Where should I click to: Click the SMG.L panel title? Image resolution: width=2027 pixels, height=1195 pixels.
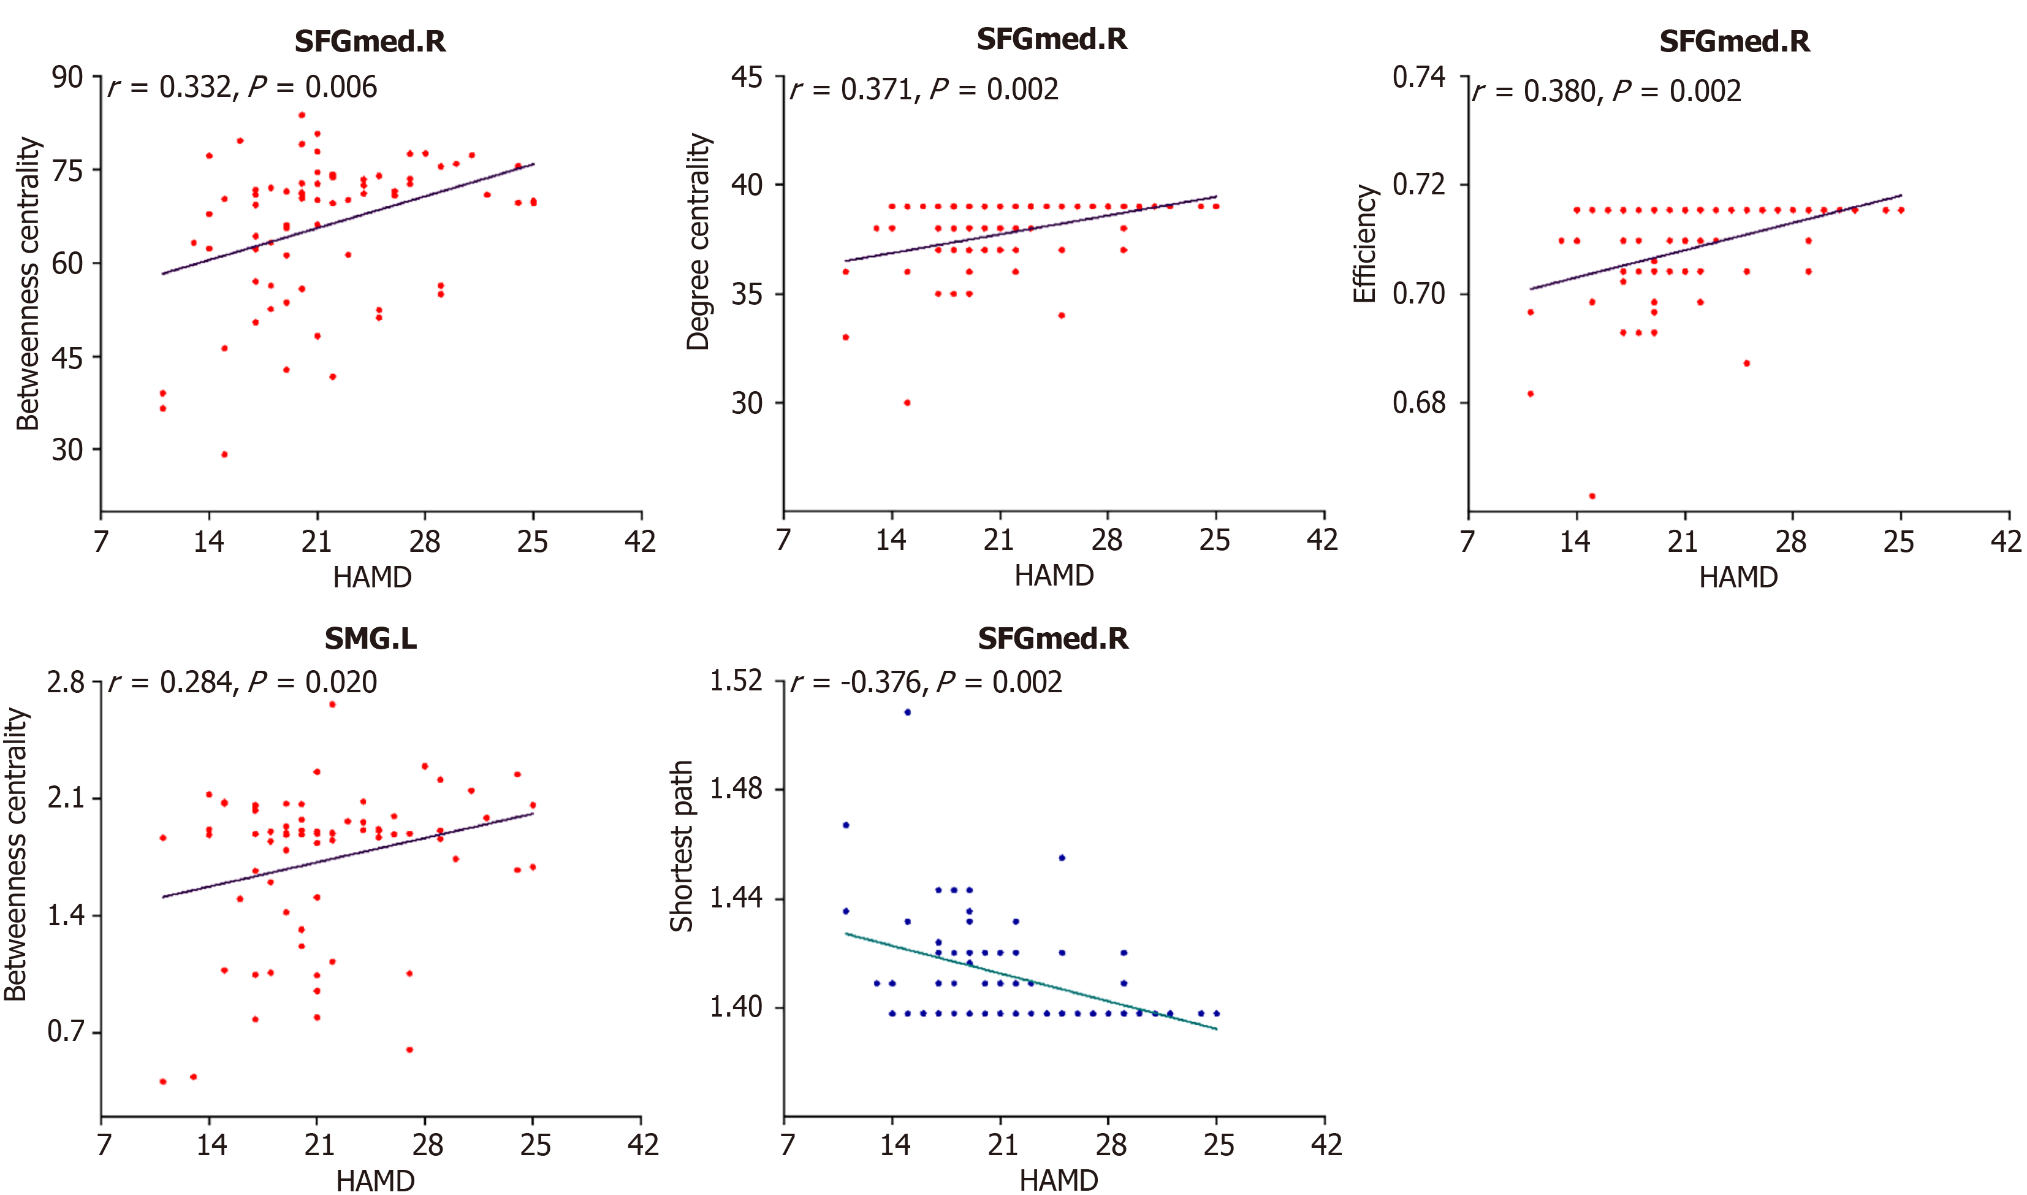(x=370, y=638)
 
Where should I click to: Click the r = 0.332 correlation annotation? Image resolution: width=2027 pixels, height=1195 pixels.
(x=242, y=87)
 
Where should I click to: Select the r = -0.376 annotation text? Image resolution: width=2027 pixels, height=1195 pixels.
(x=926, y=683)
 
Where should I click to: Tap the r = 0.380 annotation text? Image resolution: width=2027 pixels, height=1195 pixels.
(x=1607, y=91)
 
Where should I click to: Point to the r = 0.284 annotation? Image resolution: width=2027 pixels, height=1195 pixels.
(x=242, y=683)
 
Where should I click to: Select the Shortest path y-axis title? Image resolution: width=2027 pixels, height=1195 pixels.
(x=681, y=846)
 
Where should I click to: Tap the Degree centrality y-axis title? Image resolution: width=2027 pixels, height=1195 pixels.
(x=698, y=242)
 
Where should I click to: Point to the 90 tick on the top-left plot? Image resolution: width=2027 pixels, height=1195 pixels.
(x=67, y=77)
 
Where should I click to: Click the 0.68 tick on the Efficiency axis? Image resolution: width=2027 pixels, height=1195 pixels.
(x=1418, y=403)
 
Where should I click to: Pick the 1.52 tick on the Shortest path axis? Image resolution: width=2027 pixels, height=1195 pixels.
(x=735, y=681)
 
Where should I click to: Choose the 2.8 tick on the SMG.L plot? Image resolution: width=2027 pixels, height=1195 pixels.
(x=65, y=683)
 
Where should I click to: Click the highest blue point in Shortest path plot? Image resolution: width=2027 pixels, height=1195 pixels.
(x=907, y=712)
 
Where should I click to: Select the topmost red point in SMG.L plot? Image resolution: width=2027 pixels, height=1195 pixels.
(x=332, y=704)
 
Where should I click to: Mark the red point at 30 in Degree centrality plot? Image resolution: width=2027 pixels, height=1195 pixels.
(x=907, y=403)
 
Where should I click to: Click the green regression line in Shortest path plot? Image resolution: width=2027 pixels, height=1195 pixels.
(x=1030, y=981)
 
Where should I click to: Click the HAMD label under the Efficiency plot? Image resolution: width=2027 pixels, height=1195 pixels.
(x=1738, y=578)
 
